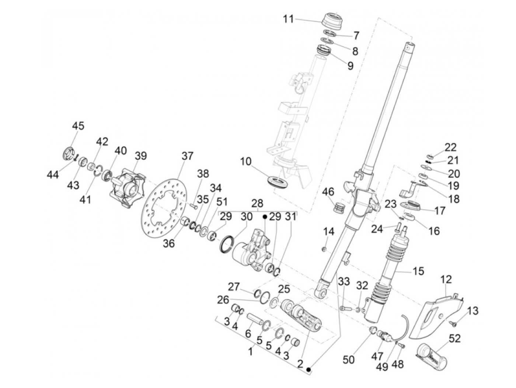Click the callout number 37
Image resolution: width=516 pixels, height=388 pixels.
188,156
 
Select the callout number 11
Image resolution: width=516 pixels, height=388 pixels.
288,19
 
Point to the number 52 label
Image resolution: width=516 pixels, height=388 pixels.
455,338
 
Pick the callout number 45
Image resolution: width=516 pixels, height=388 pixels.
78,126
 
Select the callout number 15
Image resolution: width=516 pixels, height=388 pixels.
418,271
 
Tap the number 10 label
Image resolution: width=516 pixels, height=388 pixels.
245,162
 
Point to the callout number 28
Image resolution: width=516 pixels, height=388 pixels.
258,203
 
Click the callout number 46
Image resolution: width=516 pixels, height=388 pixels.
328,192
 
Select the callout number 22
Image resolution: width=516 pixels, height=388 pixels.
450,148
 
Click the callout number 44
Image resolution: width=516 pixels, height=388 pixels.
53,175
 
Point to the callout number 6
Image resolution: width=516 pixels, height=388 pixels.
248,334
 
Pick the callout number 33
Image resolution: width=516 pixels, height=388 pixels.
344,282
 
